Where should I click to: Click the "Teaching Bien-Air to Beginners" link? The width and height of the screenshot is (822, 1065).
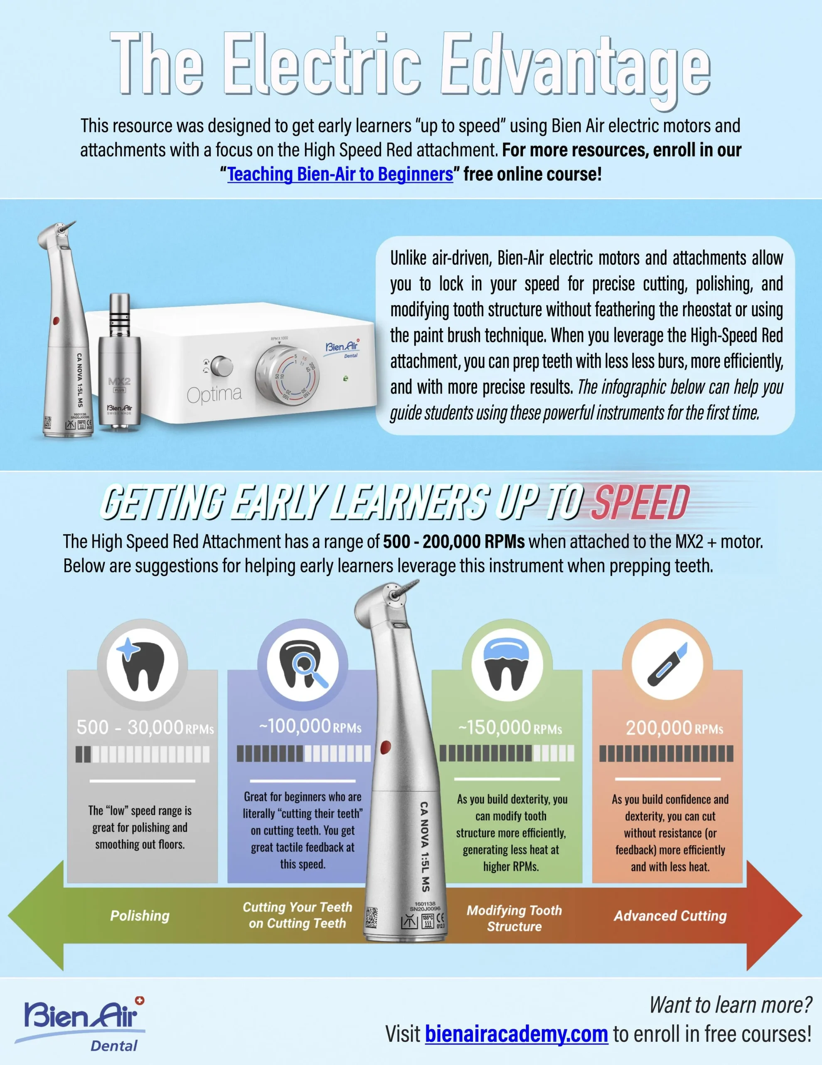click(340, 174)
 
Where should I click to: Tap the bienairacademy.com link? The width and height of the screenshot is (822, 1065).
click(517, 1033)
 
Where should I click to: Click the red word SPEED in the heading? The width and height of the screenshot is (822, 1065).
click(640, 503)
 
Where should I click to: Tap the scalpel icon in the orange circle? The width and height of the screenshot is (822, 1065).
click(667, 664)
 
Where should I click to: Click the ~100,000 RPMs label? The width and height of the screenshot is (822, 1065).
click(310, 727)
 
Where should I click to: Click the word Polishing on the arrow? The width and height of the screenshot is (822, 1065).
click(140, 916)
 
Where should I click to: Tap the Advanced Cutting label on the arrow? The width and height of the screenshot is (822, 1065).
click(670, 916)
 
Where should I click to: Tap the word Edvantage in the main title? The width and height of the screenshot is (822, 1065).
click(576, 66)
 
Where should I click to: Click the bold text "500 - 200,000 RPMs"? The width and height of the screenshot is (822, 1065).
click(454, 542)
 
